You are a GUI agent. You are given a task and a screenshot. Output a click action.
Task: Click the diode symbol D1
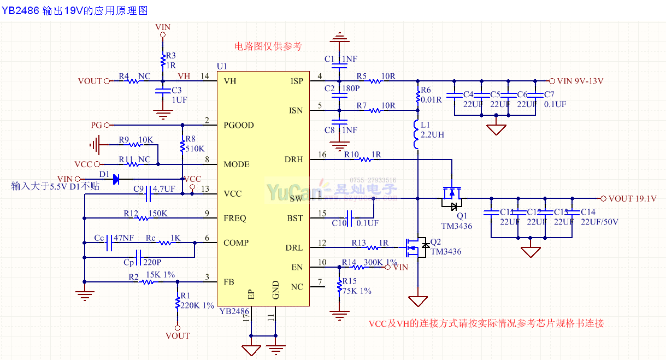[x=115, y=179]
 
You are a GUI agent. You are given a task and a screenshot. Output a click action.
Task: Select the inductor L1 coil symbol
[x=416, y=134]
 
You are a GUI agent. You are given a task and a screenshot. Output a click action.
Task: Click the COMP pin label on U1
[x=235, y=243]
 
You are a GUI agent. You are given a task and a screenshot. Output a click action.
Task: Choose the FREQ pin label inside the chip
[x=235, y=219]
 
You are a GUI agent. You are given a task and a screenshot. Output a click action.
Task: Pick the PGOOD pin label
[x=239, y=125]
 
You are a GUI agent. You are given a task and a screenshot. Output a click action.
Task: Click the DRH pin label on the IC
[x=293, y=160]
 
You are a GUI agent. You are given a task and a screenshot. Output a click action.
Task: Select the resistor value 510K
[x=195, y=149]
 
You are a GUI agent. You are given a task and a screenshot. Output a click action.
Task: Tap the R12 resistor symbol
[x=143, y=219]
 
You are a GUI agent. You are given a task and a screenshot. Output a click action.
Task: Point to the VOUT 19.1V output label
[x=632, y=198]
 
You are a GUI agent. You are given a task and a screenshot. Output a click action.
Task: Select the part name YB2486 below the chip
[x=234, y=311]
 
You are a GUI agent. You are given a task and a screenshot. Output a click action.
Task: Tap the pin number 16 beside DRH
[x=322, y=155]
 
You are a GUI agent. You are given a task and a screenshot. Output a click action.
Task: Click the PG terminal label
[x=96, y=125]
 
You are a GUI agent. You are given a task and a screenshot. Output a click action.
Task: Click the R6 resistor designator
[x=426, y=90]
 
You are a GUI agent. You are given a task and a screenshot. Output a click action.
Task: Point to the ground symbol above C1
[x=340, y=38]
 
